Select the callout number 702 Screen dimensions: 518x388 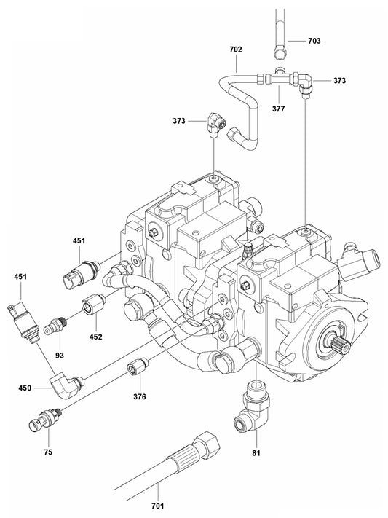[x=235, y=50]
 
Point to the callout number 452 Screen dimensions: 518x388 [x=96, y=337]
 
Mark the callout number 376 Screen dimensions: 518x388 [x=139, y=396]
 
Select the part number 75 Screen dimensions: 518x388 [x=47, y=452]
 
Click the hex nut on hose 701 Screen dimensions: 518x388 [x=209, y=442]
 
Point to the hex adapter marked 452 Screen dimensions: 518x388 [x=92, y=302]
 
